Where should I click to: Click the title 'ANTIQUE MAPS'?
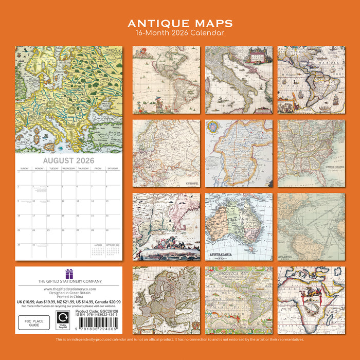tap(180, 24)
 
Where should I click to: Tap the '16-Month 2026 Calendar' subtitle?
tap(180, 33)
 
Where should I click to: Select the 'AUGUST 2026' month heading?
tap(68, 161)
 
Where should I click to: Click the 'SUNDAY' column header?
tap(25, 168)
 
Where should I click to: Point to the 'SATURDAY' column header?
tap(112, 168)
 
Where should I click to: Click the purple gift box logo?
tap(68, 273)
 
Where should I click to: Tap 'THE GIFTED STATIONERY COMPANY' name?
tap(68, 281)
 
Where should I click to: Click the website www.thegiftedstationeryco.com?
tap(68, 289)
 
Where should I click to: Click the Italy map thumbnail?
tap(239, 80)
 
